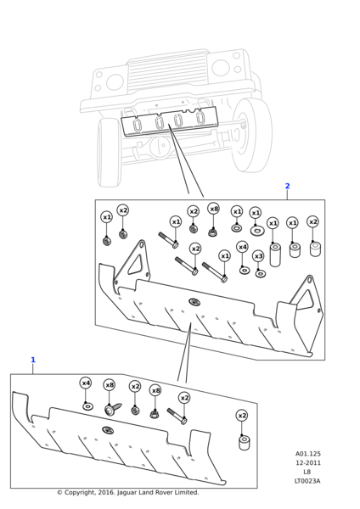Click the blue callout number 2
pos(287,186)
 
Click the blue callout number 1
pos(33,360)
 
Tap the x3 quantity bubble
pos(258,256)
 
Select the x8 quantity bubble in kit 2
pos(214,209)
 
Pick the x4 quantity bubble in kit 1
pos(86,383)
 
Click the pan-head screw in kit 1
pos(112,409)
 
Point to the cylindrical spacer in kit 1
pos(245,443)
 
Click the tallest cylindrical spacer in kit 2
pos(275,255)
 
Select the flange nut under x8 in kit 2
pos(212,232)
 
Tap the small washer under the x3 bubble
pos(260,274)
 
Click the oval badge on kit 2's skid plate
pos(194,302)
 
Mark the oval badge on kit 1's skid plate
pos(107,430)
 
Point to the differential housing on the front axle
pos(160,146)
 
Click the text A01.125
pos(307,454)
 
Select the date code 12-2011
pos(307,463)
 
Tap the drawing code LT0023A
pos(307,481)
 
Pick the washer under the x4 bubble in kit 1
pos(87,406)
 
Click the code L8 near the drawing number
pos(307,472)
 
